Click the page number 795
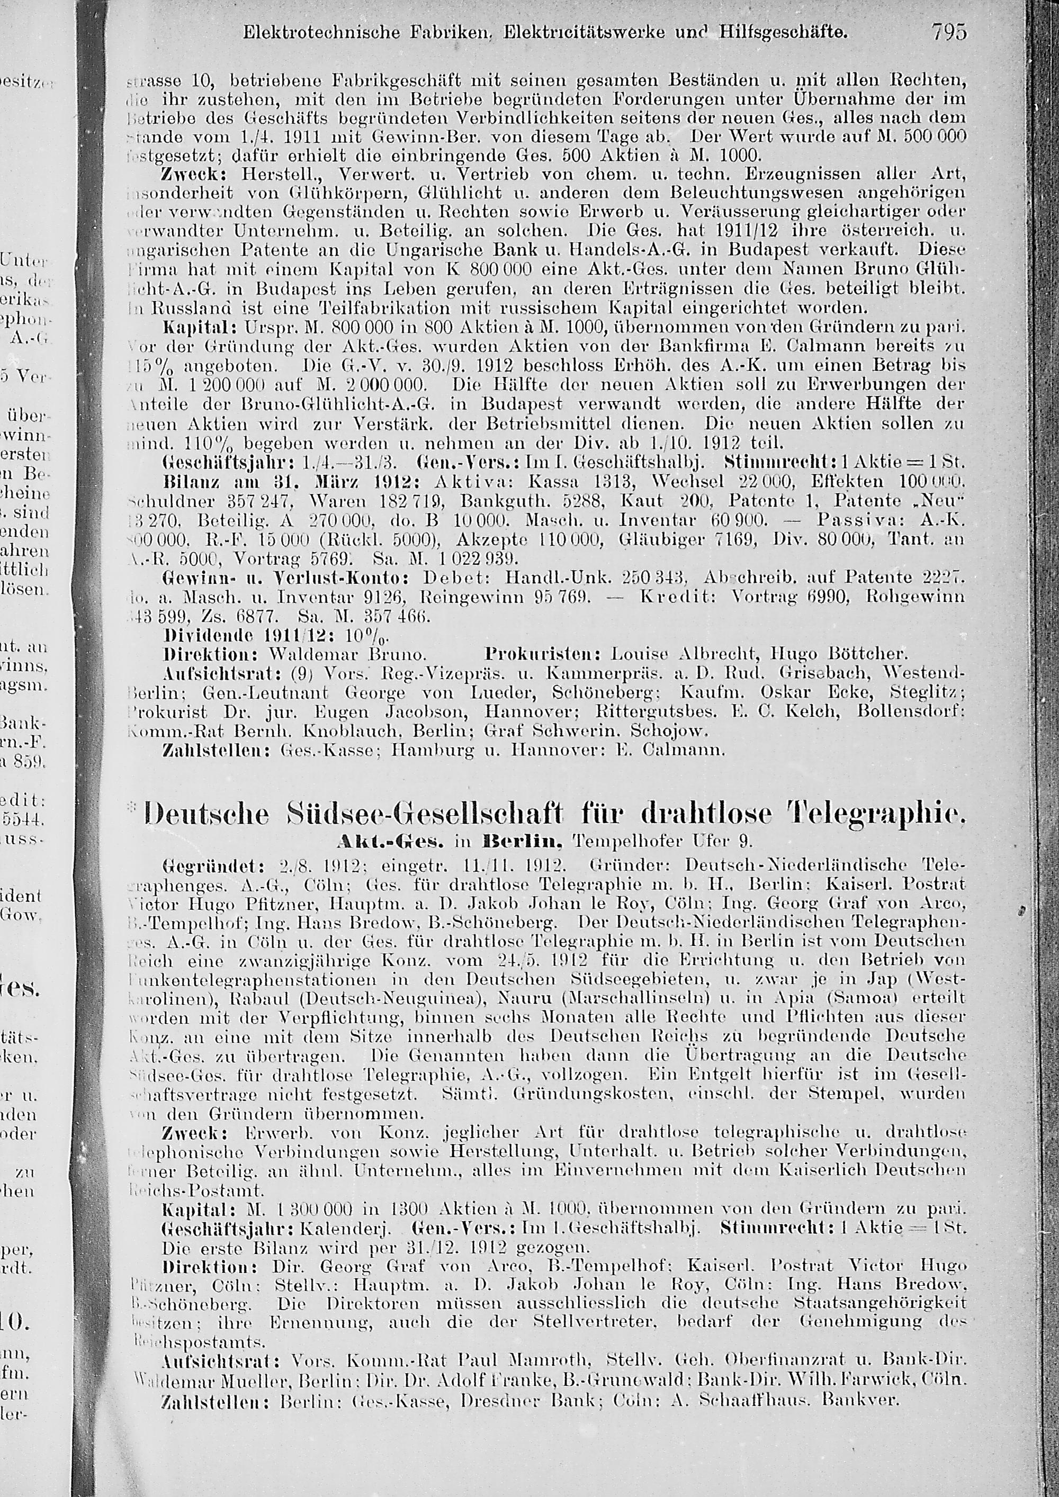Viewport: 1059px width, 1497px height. coord(949,31)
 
